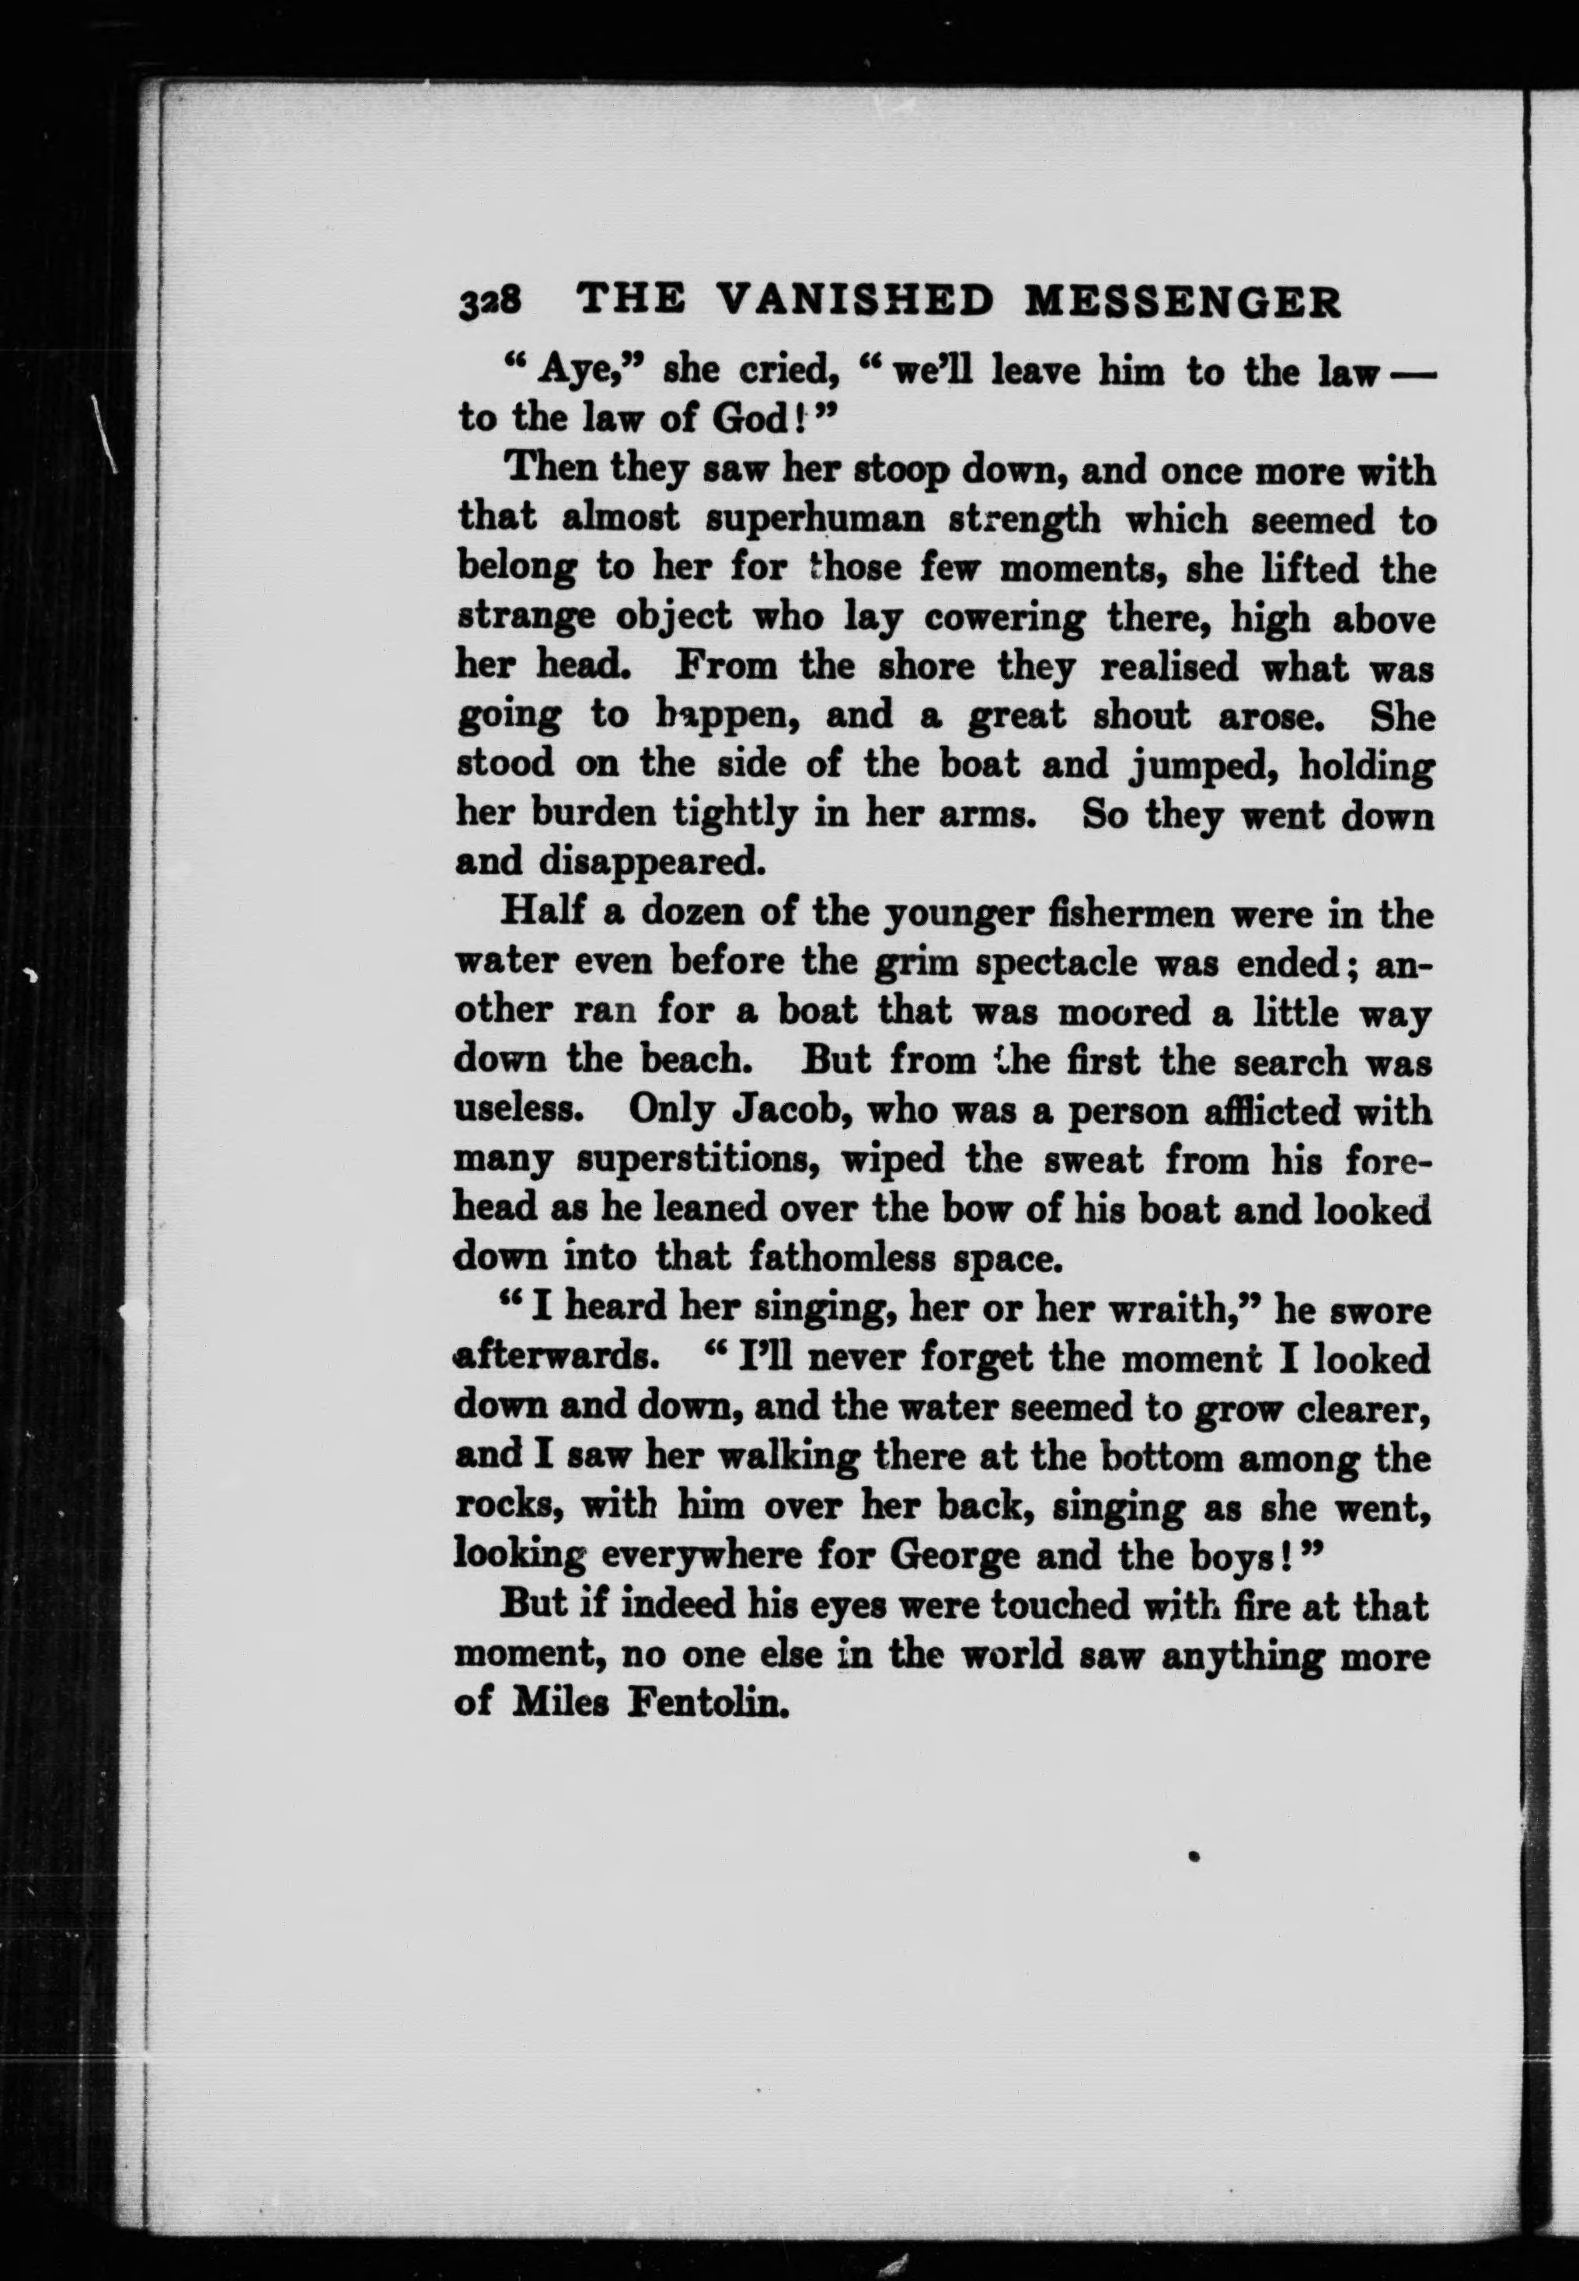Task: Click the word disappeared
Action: coord(653,862)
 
